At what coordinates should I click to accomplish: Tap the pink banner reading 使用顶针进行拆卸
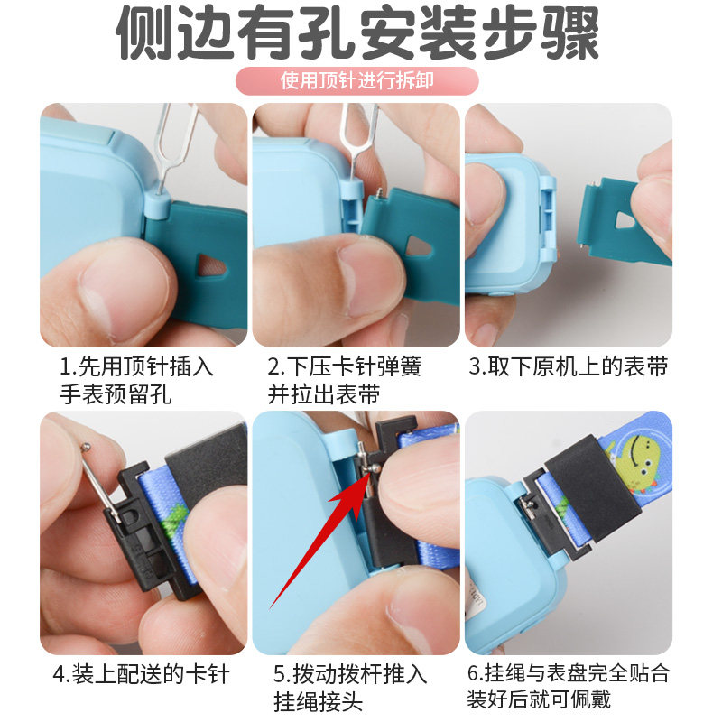click(357, 80)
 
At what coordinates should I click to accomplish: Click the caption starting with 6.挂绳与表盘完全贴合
click(569, 686)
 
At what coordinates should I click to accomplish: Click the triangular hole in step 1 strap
click(213, 264)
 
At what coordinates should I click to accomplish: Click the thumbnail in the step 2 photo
click(366, 274)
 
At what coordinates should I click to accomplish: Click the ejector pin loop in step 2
click(352, 126)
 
